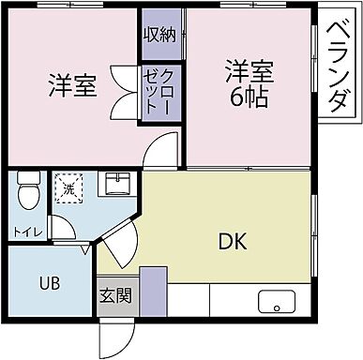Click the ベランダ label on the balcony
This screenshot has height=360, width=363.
(340, 67)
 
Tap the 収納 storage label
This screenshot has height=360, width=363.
(160, 36)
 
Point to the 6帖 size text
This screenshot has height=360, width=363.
(248, 96)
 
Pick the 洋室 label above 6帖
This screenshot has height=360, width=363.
(249, 70)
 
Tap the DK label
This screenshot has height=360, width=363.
(233, 242)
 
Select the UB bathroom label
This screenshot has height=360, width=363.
(50, 282)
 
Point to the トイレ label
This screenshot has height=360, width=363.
(25, 231)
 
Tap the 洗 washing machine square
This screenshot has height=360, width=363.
(68, 189)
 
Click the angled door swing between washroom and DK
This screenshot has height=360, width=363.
(116, 247)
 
